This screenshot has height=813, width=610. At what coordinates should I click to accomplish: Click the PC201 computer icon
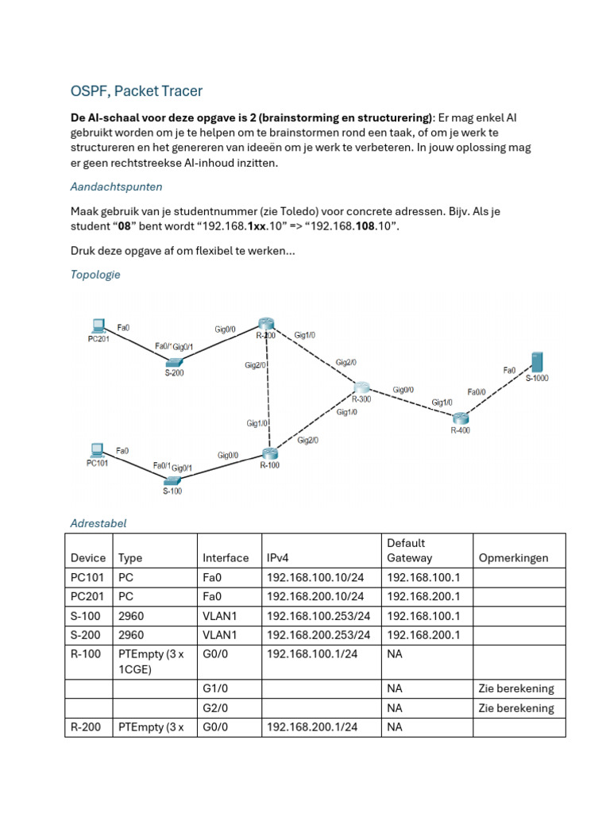pyautogui.click(x=98, y=324)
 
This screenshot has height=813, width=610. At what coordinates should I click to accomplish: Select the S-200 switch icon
pyautogui.click(x=175, y=361)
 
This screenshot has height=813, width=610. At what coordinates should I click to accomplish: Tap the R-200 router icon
pyautogui.click(x=265, y=323)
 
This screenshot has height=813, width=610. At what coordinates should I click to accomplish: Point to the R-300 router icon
pyautogui.click(x=362, y=387)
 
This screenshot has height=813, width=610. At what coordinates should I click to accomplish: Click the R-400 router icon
pyautogui.click(x=461, y=418)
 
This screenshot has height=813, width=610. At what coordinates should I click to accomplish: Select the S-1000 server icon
pyautogui.click(x=538, y=362)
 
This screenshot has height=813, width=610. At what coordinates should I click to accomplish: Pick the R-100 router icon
pyautogui.click(x=270, y=454)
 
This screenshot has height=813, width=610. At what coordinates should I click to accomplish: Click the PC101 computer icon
pyautogui.click(x=97, y=449)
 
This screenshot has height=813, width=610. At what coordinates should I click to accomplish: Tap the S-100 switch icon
pyautogui.click(x=172, y=481)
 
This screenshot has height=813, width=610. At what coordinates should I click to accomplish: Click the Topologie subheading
pyautogui.click(x=95, y=275)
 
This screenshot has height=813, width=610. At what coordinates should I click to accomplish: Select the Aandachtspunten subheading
pyautogui.click(x=116, y=187)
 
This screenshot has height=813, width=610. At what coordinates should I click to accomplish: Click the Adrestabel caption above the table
pyautogui.click(x=98, y=523)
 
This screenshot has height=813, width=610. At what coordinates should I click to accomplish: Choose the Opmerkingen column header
pyautogui.click(x=513, y=557)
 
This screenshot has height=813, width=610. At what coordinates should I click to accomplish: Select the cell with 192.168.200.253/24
pyautogui.click(x=319, y=634)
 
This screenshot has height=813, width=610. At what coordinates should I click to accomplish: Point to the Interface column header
pyautogui.click(x=226, y=557)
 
